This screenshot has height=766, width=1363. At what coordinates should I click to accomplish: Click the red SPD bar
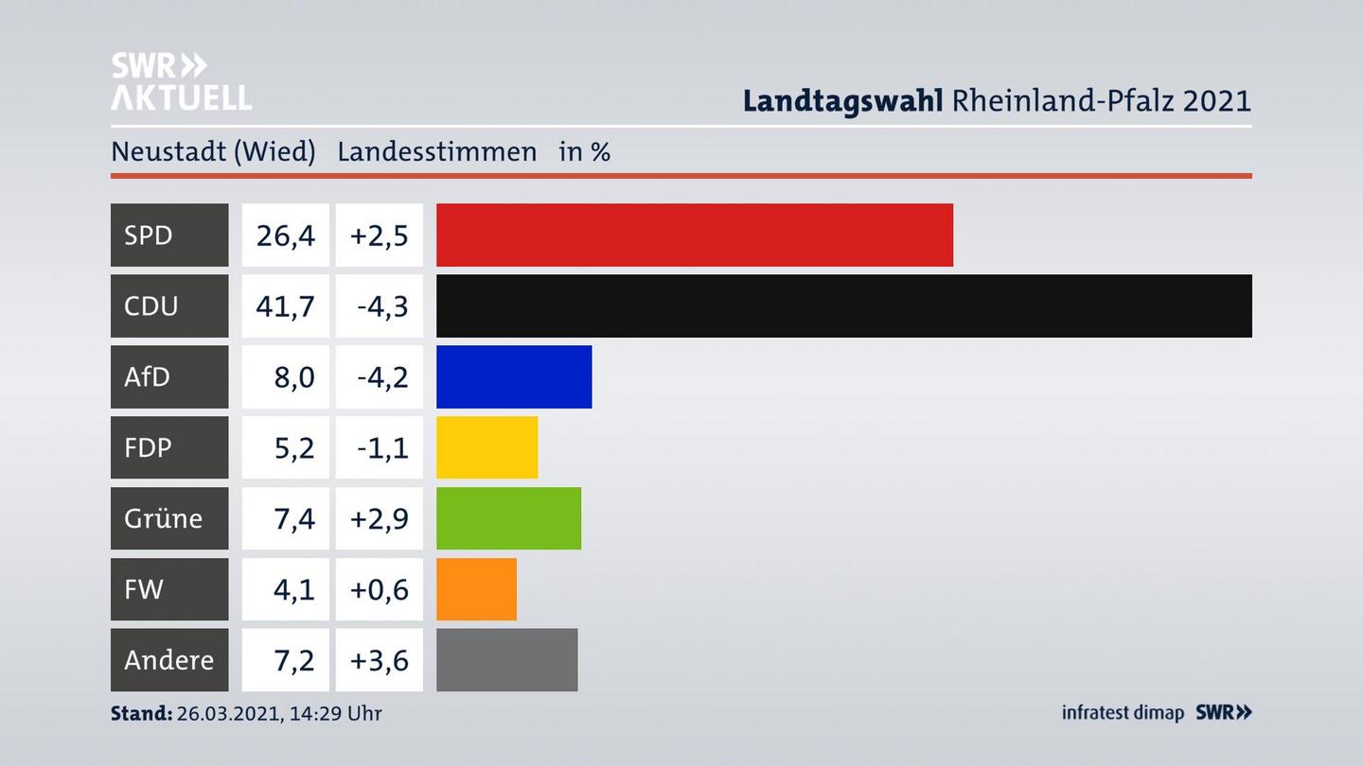(694, 235)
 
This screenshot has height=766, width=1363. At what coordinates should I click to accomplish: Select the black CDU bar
(843, 305)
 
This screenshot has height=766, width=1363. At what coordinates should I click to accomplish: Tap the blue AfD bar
(514, 376)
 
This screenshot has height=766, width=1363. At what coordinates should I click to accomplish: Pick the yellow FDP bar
(487, 447)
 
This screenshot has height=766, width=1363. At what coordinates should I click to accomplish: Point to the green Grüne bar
(508, 518)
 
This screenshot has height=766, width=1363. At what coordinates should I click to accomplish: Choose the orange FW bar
(476, 589)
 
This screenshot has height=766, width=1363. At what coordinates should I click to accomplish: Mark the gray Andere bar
(506, 660)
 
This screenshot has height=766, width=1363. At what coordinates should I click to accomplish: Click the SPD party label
(150, 235)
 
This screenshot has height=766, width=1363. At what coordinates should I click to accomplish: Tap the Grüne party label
(163, 518)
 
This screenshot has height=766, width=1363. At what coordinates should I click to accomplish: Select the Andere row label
(168, 660)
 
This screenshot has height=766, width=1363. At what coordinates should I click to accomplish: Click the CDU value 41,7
(285, 305)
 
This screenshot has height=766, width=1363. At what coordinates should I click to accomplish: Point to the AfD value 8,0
(293, 376)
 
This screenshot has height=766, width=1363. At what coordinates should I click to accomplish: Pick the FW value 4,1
(293, 589)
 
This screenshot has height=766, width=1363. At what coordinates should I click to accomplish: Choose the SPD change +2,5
(379, 235)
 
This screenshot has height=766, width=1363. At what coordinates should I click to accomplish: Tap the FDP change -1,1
(382, 447)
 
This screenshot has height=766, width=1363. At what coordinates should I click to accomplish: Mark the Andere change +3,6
(379, 660)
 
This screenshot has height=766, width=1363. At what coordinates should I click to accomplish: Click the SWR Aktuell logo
(181, 81)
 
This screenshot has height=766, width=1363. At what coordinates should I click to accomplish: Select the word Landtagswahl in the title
(842, 100)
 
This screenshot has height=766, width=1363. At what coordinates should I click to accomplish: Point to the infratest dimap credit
(1123, 713)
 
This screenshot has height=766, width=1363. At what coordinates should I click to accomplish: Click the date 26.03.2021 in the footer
(224, 713)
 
